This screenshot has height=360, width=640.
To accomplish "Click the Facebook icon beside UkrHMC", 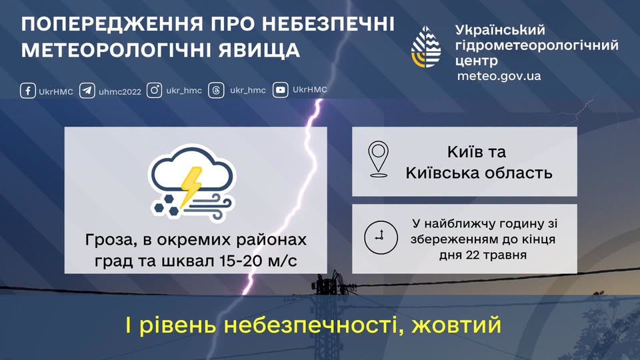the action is point(28,91).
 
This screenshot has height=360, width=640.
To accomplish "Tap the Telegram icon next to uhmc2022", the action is point(87,91).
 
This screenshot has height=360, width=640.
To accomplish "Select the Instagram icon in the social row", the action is point(154,90).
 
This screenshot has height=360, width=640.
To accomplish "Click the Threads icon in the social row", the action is point(216,90).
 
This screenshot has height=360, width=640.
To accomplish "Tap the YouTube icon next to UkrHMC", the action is point(281,90).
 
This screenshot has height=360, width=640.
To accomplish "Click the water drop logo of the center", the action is point(426,47).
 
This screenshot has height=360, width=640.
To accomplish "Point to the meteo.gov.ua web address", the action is point(499,76).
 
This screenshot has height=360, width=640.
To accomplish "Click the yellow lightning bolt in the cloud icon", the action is point(191,185).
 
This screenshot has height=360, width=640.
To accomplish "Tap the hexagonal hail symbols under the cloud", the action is point(167,205).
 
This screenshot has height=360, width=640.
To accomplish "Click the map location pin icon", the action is point(378,159).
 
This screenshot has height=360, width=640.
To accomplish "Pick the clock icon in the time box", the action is point(381,237).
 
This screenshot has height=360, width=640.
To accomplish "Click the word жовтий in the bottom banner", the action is point(456,325).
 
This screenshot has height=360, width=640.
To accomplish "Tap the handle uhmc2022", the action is point(120,92).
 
